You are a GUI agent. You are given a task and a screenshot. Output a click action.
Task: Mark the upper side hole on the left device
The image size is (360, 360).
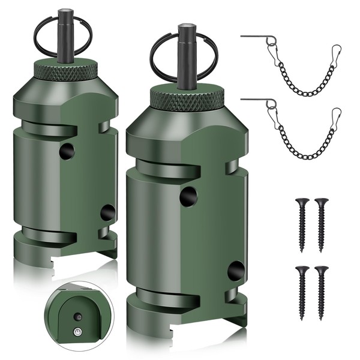[67, 151]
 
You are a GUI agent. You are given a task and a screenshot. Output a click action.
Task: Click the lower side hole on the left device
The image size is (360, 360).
[107, 212]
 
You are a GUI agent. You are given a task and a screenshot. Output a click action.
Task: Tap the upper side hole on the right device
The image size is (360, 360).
[188, 195]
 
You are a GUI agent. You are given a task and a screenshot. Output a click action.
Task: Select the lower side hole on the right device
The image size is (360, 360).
[236, 271]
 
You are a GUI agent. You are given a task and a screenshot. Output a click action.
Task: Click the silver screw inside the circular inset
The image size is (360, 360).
[77, 331]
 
